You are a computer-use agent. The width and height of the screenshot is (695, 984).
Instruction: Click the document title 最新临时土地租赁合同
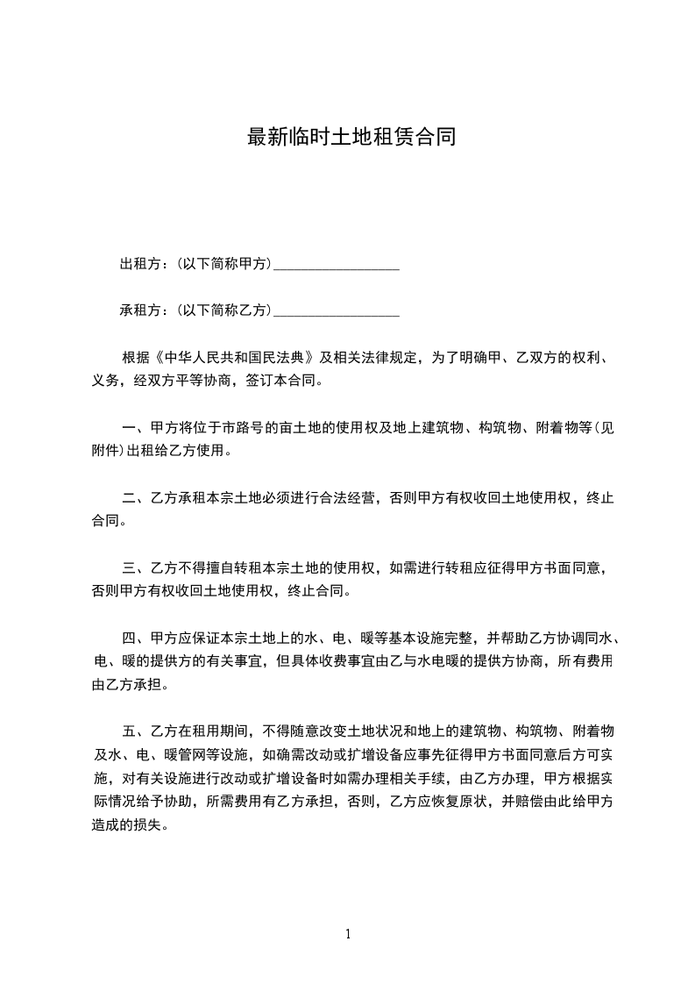[351, 138]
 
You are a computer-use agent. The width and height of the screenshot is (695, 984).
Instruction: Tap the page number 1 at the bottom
[348, 933]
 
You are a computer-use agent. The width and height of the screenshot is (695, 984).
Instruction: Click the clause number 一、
[134, 429]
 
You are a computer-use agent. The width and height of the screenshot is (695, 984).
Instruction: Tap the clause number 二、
[134, 499]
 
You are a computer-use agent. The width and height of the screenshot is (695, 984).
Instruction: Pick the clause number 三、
[134, 568]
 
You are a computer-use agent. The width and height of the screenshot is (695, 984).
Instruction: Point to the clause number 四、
[134, 638]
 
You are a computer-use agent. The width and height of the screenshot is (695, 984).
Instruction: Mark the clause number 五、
[134, 731]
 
